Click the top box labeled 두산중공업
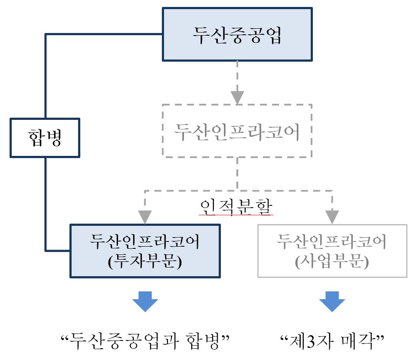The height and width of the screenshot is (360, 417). pyautogui.click(x=237, y=35)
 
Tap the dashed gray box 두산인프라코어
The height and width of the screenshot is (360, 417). pyautogui.click(x=237, y=131)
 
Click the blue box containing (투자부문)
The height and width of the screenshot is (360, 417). pyautogui.click(x=145, y=251)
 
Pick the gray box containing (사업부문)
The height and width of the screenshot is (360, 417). pyautogui.click(x=332, y=251)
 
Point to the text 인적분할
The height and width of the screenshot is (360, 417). pyautogui.click(x=237, y=206)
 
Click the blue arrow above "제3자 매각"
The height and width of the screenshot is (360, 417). pyautogui.click(x=332, y=301)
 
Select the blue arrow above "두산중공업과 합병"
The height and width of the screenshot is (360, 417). pyautogui.click(x=145, y=301)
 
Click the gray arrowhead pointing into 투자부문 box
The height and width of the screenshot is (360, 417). pyautogui.click(x=145, y=216)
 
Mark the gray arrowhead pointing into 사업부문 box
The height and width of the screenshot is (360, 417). pyautogui.click(x=332, y=216)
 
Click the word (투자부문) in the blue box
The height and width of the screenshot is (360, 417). pyautogui.click(x=145, y=261)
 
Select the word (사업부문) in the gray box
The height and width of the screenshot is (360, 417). pyautogui.click(x=332, y=262)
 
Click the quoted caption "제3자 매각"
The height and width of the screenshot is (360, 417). pyautogui.click(x=332, y=340)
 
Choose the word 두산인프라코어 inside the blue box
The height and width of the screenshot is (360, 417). pyautogui.click(x=145, y=241)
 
